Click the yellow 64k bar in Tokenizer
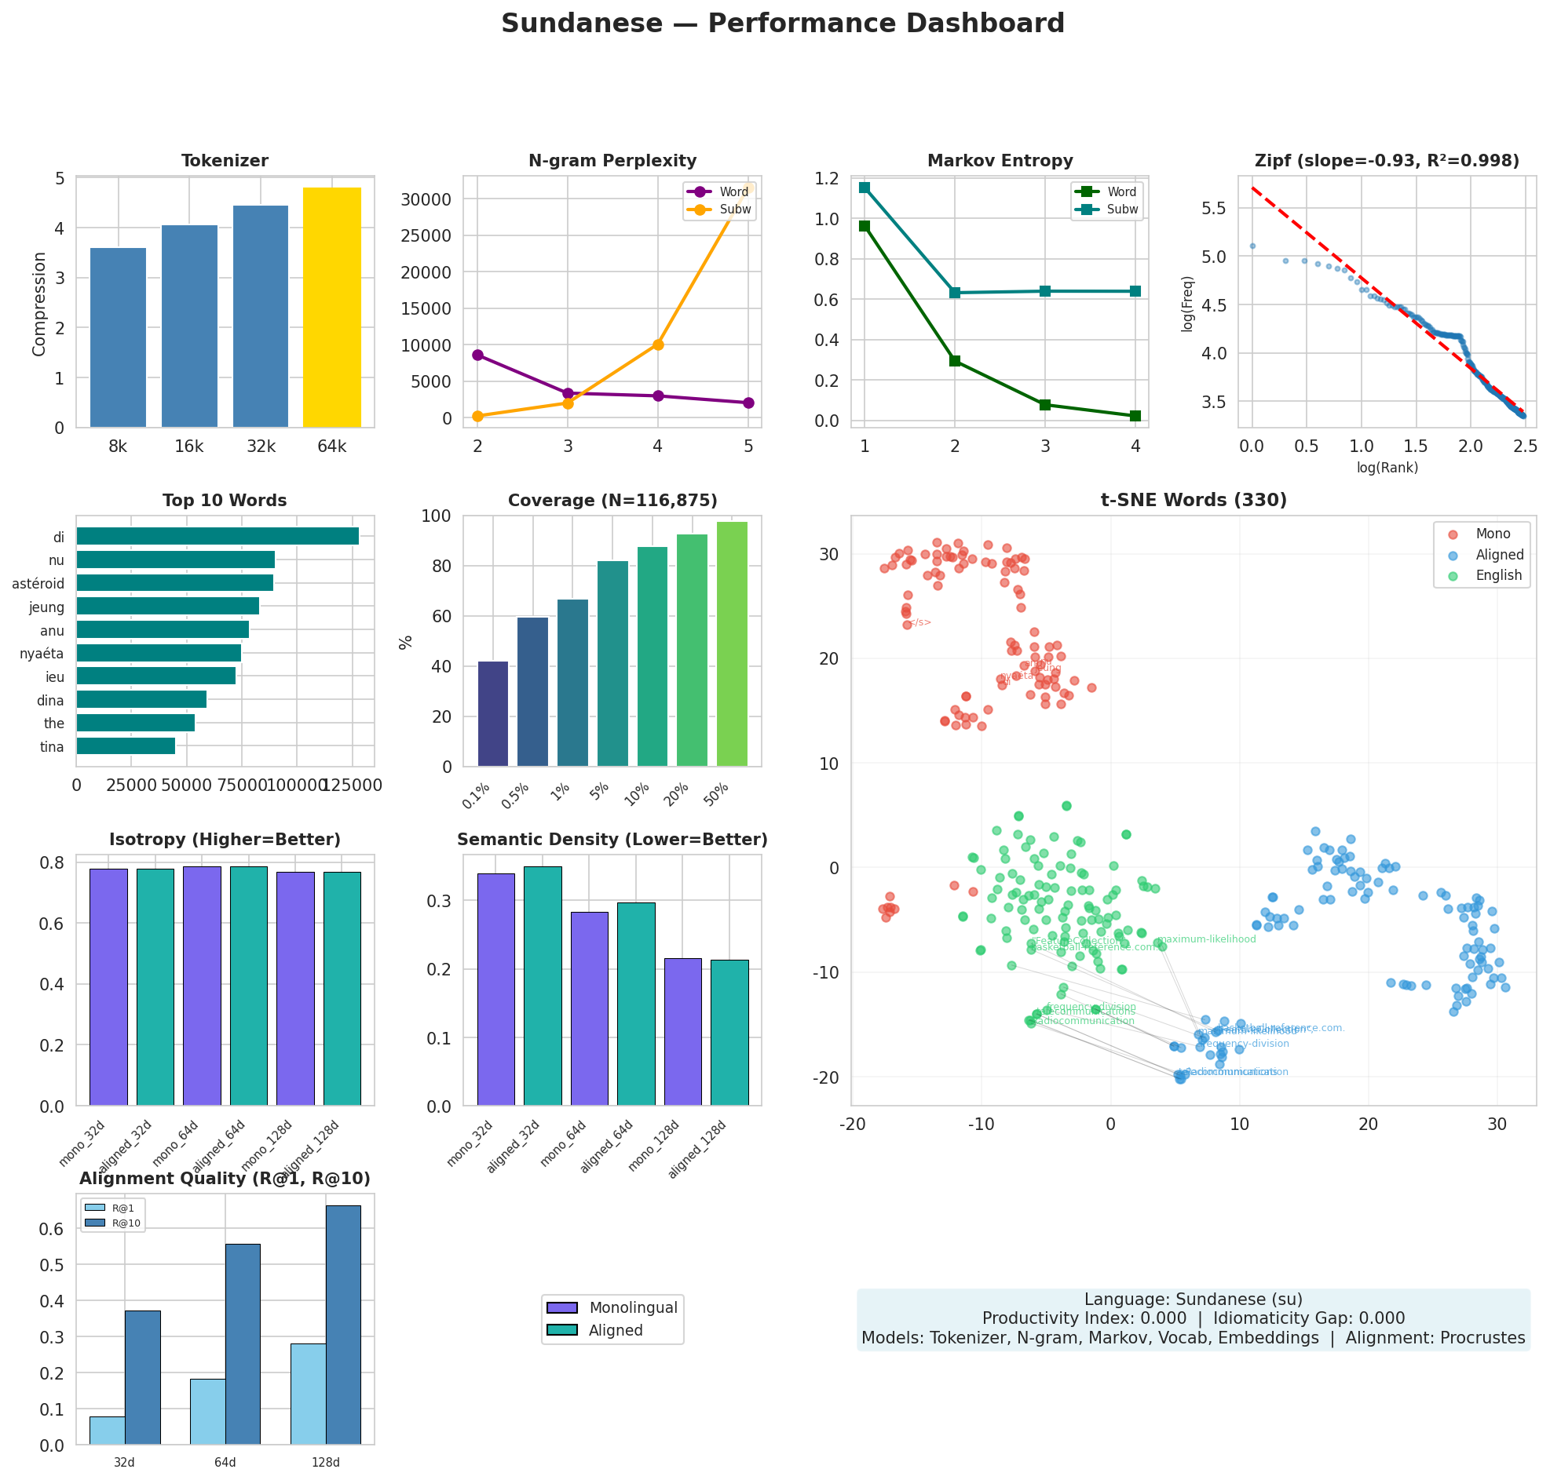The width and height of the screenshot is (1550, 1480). coord(331,308)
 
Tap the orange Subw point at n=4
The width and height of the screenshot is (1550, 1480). coord(658,344)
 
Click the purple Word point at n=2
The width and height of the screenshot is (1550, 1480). coord(477,355)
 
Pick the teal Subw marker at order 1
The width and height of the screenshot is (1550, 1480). coord(865,187)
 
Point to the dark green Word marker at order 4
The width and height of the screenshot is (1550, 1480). coord(1135,416)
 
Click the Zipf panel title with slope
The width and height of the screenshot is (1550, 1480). coord(1386,161)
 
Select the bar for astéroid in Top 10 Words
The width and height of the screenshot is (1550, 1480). coord(174,583)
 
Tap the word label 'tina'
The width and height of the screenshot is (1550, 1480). coord(52,747)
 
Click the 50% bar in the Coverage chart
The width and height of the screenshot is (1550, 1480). coord(732,643)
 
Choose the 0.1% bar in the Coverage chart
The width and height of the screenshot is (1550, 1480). coord(492,713)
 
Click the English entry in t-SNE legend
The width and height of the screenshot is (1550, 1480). coord(1499,575)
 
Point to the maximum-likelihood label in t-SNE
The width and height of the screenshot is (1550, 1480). coord(1208,939)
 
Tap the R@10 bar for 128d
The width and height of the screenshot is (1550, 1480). coord(343,1325)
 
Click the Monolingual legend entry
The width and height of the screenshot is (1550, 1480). coord(632,1307)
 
